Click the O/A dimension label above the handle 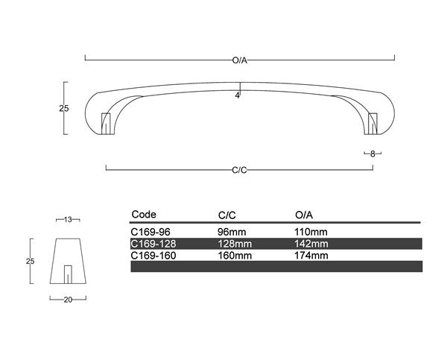point(240,60)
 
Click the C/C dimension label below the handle point(240,171)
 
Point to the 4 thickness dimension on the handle point(237,96)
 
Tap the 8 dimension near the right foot point(372,154)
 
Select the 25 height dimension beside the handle point(64,108)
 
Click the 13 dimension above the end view point(68,219)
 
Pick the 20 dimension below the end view point(68,299)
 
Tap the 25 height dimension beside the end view point(31,261)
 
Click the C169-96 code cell point(150,232)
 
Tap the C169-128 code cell point(153,244)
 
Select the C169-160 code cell point(153,255)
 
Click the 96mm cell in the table point(231,232)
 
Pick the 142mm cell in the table point(311,244)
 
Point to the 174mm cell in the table point(311,255)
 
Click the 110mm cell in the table point(311,232)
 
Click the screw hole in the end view point(69,274)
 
